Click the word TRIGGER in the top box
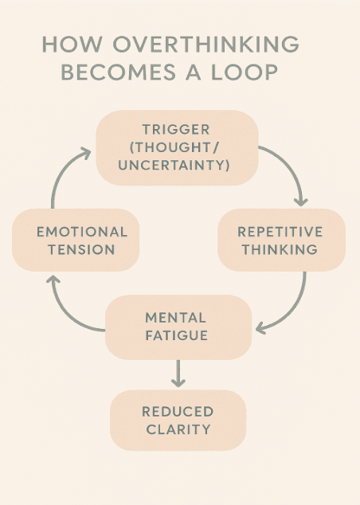tap(177, 130)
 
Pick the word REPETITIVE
tap(280, 232)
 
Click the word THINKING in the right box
tap(280, 249)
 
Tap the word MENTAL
tap(177, 318)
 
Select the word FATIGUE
tap(177, 335)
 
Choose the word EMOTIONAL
tap(82, 232)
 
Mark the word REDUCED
tap(178, 412)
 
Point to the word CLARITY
tap(178, 429)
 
